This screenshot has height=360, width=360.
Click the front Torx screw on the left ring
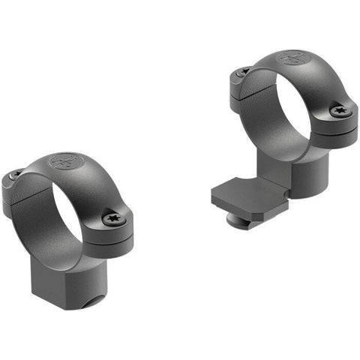point(114,219)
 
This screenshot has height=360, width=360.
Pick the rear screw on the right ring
point(242,71)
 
